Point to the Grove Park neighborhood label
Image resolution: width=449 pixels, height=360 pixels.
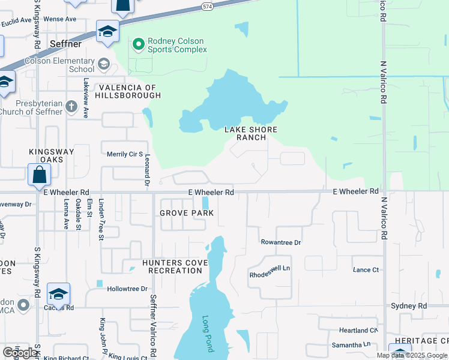[x=187, y=213]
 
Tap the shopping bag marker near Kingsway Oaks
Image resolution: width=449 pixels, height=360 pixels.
[x=39, y=175]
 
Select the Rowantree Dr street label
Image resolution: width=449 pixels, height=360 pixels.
[x=280, y=242]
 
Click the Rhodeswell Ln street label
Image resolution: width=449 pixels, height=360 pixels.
[x=270, y=275]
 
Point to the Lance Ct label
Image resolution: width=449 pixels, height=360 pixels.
[x=366, y=270]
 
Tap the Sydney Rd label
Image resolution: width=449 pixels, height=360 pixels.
[x=408, y=306]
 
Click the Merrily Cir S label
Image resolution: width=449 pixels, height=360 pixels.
[x=124, y=154]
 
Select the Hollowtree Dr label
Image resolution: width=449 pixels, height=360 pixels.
[x=127, y=289]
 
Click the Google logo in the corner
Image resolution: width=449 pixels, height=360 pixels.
[x=20, y=353]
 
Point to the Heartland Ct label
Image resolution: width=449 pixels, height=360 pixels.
[x=358, y=331]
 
